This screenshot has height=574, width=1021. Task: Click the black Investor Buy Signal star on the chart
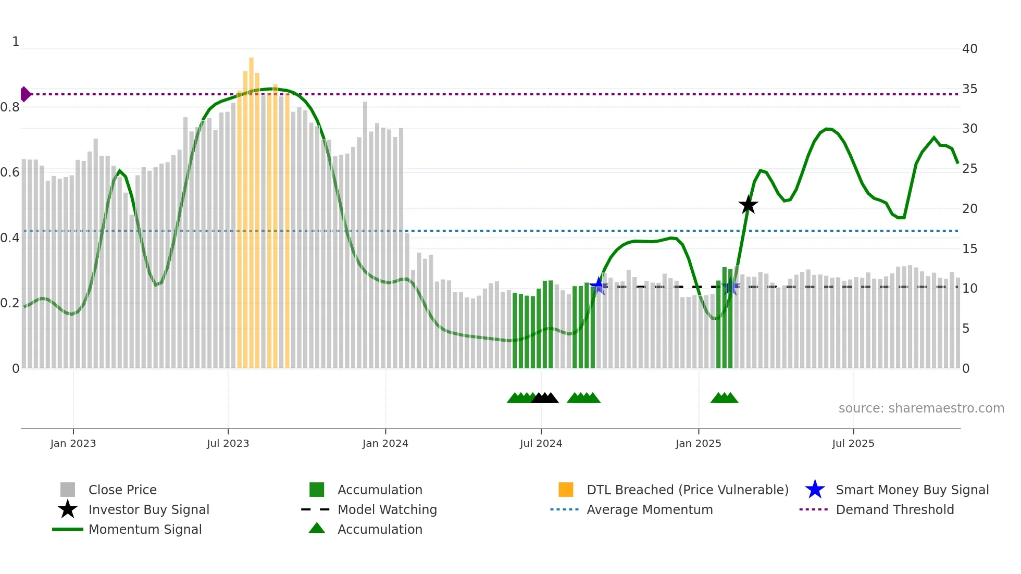748,205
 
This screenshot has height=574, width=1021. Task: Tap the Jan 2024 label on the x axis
385,443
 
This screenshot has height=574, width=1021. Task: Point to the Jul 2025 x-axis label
853,443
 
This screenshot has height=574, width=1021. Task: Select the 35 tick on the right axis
969,89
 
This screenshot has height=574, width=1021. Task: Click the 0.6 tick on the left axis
10,172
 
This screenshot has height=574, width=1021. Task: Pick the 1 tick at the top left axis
16,42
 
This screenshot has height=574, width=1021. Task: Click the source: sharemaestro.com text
921,408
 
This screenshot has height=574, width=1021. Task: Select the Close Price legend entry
122,490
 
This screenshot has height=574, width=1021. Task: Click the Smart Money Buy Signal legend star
815,490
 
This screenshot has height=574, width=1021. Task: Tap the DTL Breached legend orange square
566,490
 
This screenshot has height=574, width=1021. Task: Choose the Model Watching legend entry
387,509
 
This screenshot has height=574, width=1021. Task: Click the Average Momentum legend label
650,509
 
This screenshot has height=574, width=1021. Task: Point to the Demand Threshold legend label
894,509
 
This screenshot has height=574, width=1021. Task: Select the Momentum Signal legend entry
145,529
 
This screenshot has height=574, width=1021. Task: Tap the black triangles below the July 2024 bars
545,398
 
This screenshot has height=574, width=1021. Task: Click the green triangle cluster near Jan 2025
724,398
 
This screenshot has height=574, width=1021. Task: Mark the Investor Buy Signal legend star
68,509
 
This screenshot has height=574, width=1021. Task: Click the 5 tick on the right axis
965,329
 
